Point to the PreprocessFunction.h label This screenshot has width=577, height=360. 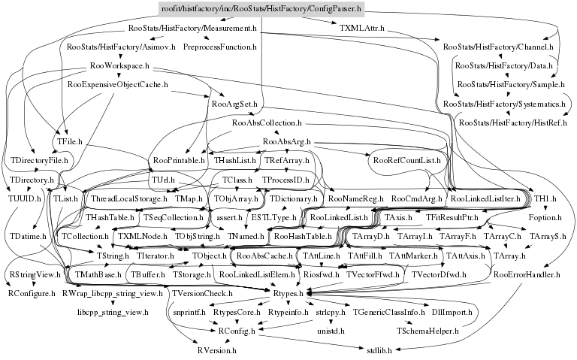[218, 47]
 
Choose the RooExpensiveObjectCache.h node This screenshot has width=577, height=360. [117, 85]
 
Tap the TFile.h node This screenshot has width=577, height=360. [69, 141]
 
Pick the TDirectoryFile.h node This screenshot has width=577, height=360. [39, 160]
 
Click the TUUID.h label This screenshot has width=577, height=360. [25, 198]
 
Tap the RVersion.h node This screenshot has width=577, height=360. [216, 349]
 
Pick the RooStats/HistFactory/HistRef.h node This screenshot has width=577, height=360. [512, 122]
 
